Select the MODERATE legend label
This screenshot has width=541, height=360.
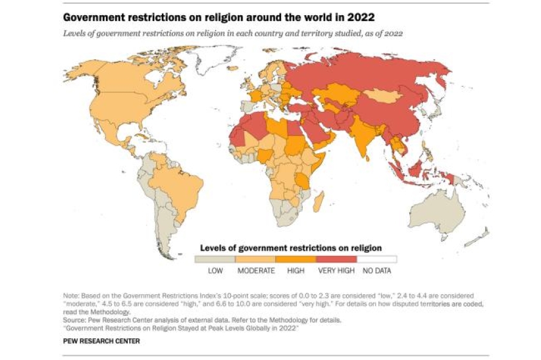256,270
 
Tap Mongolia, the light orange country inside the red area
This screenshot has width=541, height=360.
384,96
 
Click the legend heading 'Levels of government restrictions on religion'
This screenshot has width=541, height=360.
290,247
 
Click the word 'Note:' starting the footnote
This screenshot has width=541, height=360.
72,297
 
